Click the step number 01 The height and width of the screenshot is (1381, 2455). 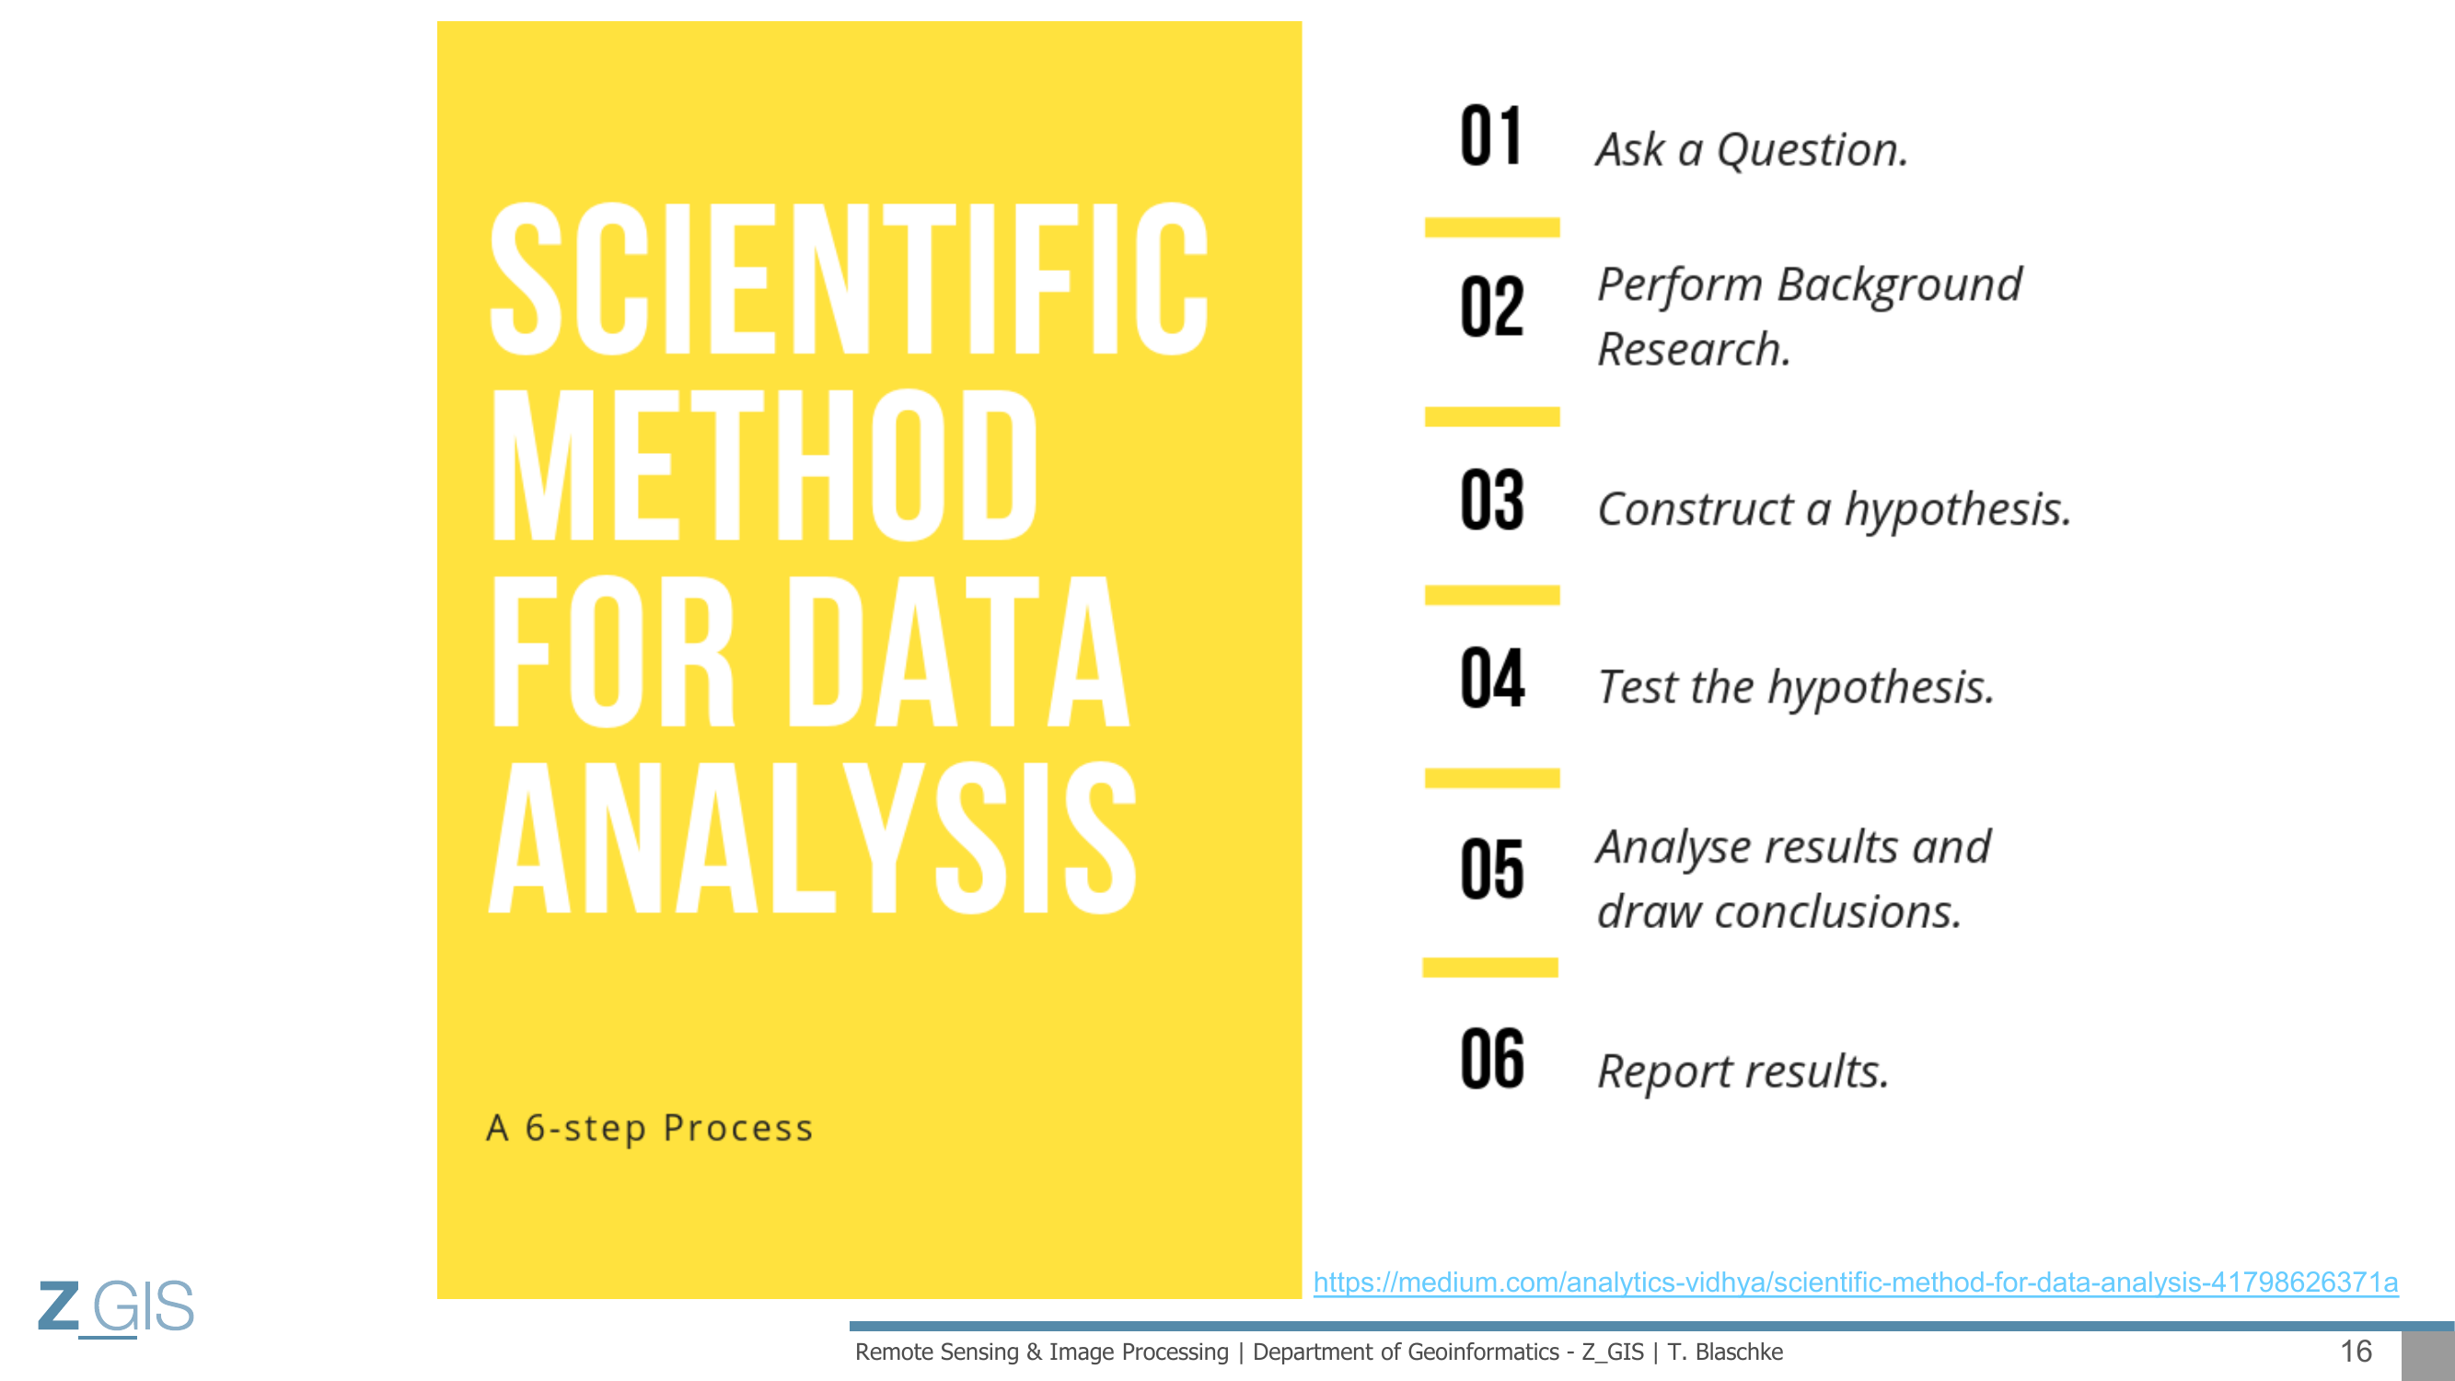(1490, 135)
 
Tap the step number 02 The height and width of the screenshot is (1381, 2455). (1491, 306)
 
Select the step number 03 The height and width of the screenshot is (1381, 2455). (1491, 499)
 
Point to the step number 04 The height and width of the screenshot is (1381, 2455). (1492, 678)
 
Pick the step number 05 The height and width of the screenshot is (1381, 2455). (1491, 868)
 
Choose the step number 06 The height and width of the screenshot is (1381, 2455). (1491, 1058)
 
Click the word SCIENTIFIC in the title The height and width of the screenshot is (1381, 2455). (849, 278)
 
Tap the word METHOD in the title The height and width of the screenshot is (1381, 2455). (764, 465)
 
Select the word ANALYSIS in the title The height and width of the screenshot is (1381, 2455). (813, 838)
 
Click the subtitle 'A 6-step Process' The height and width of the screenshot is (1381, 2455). (650, 1129)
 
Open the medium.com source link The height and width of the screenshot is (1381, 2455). (1856, 1282)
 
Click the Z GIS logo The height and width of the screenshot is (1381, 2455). (116, 1307)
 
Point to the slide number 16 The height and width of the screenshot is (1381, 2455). (2356, 1351)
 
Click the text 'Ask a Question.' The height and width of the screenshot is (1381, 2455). (1753, 150)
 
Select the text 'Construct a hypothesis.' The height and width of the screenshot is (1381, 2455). (1835, 511)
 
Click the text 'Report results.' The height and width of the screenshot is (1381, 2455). (1743, 1073)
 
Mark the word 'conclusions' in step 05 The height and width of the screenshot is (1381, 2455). (1837, 912)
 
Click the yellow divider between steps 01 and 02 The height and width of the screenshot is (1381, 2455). (1492, 226)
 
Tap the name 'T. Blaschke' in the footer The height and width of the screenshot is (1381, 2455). (1725, 1352)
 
